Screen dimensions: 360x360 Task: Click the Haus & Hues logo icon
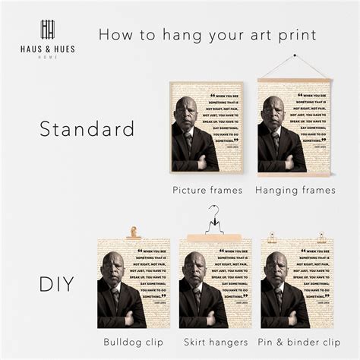point(48,30)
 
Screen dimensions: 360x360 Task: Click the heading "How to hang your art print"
point(207,34)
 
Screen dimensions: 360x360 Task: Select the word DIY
point(58,286)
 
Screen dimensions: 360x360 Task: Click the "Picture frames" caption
point(207,190)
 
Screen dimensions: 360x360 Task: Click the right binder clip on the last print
point(321,237)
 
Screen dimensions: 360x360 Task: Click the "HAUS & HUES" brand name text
point(48,49)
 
